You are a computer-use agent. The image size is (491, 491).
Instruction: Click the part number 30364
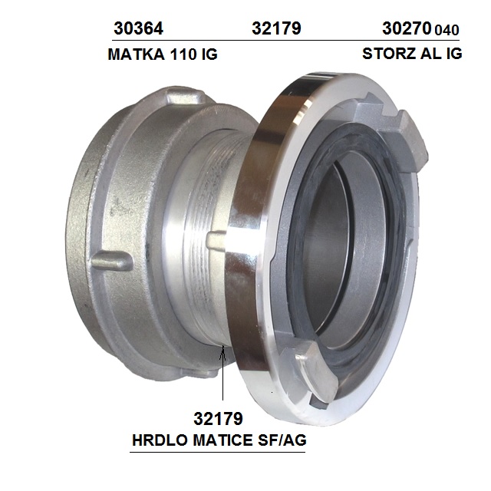pos(138,28)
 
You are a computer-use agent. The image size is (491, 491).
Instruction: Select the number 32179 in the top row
pos(276,28)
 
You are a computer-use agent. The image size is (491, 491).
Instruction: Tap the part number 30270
pos(407,28)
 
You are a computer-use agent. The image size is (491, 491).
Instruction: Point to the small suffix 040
pos(447,30)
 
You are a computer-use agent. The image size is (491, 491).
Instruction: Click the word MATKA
pos(137,54)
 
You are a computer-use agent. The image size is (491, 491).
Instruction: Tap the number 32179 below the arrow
pos(218,418)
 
